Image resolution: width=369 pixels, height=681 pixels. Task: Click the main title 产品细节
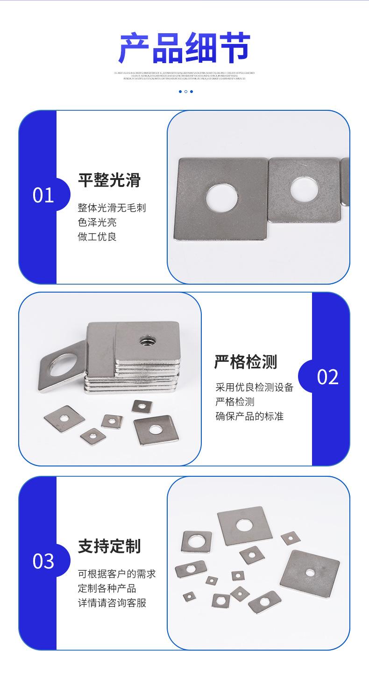184,48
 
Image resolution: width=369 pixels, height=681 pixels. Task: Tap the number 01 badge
43,195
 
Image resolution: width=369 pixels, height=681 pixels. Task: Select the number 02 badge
327,377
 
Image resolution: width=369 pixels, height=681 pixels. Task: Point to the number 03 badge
43,561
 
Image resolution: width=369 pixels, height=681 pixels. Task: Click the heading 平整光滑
109,180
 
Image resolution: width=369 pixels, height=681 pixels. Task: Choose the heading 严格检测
246,362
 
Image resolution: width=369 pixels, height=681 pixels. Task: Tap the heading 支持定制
109,546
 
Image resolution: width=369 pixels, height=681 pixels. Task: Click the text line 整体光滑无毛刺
112,208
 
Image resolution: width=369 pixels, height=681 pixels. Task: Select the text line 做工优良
97,237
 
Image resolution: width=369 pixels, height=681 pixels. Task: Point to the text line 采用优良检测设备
254,387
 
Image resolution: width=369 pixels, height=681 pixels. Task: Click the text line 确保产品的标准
249,416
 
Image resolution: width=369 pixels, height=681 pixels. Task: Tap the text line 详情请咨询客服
112,602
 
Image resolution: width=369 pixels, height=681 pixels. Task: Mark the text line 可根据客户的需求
116,573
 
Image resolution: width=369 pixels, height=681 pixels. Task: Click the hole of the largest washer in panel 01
222,196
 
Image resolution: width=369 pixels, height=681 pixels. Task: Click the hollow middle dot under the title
185,92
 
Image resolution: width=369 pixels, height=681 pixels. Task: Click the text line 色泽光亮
97,222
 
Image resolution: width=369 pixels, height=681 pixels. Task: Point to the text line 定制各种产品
107,588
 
